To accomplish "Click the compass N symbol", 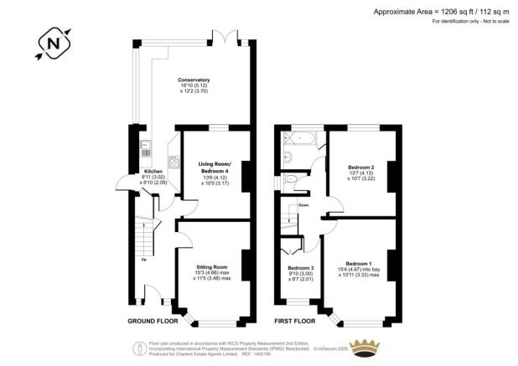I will coord(54,42).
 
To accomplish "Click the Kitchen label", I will coord(129,171).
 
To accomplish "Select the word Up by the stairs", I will coord(143,260).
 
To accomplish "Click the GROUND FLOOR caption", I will coord(153,321).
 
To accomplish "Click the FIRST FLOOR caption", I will coord(294,321).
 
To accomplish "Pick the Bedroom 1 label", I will coord(357,263).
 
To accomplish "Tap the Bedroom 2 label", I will coord(360,167).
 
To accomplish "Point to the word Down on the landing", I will coord(303,204).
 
